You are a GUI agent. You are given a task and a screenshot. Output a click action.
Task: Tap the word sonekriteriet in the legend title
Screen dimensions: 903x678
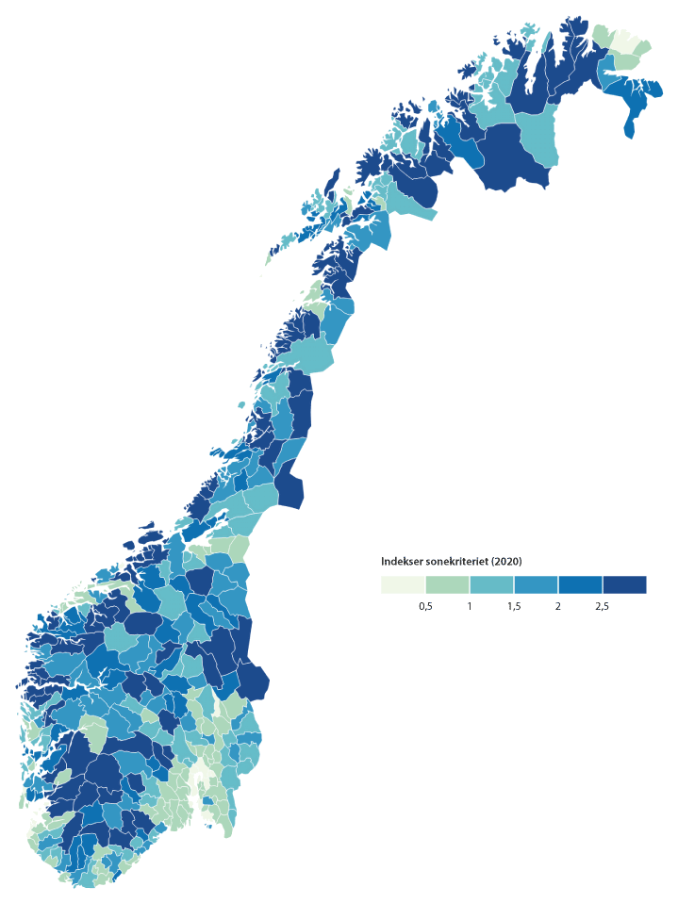tap(456, 562)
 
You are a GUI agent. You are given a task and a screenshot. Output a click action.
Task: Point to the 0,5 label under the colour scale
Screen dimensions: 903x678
tap(425, 607)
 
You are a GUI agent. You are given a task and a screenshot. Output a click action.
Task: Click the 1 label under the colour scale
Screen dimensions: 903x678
tap(470, 607)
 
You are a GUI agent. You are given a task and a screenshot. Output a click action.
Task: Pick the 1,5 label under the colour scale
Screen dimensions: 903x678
tap(514, 607)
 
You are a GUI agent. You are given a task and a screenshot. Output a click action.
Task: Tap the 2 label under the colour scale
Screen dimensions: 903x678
tap(558, 607)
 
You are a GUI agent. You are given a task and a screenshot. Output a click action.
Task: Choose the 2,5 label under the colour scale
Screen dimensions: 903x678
tap(602, 607)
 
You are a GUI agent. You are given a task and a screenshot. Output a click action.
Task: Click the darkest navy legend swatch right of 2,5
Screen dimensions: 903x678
tap(624, 584)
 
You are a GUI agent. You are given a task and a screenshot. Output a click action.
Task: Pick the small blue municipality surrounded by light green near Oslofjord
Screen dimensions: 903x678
tap(201, 780)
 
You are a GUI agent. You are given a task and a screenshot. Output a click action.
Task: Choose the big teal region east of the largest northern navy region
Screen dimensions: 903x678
tap(538, 138)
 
